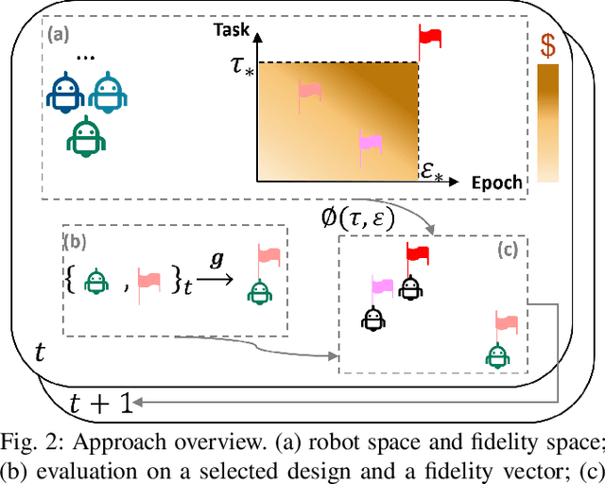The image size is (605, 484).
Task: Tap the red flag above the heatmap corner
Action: [430, 38]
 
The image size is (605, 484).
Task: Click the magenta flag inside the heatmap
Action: [370, 143]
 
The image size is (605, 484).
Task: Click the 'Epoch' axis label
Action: [497, 183]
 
